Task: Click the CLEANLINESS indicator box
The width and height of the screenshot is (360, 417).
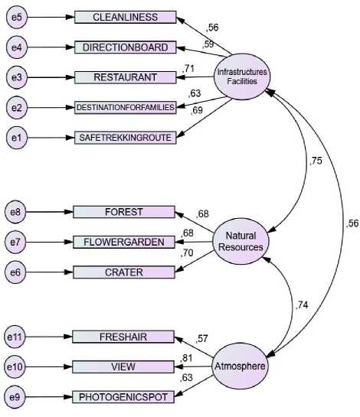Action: [x=125, y=18]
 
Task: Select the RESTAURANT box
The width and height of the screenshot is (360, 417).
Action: [x=125, y=77]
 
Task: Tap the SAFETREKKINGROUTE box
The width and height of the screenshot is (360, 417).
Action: [x=125, y=138]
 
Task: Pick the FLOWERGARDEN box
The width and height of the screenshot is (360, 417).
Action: [x=124, y=242]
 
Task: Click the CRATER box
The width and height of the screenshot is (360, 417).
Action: [x=124, y=272]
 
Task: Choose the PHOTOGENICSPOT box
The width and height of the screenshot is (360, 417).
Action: [x=123, y=397]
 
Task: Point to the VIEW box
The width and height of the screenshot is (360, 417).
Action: [x=123, y=367]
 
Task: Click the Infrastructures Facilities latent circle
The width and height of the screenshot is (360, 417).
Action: [x=242, y=77]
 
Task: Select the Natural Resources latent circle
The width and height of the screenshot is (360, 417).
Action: [x=241, y=241]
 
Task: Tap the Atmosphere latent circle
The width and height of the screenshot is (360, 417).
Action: [x=240, y=366]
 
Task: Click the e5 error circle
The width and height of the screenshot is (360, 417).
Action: [x=17, y=18]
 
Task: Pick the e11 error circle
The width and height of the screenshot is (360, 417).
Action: [x=15, y=337]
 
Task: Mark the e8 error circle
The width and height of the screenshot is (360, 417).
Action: [x=15, y=212]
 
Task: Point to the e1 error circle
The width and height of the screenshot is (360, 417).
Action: [x=17, y=138]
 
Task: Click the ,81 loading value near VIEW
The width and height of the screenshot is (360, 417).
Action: [x=186, y=358]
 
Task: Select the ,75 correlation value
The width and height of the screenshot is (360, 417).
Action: [x=316, y=161]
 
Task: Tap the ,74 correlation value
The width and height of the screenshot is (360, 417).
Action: [x=302, y=305]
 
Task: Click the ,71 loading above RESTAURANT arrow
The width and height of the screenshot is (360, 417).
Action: [x=188, y=69]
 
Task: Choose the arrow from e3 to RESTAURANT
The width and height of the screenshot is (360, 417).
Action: [x=51, y=77]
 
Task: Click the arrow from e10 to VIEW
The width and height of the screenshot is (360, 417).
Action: [x=49, y=367]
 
